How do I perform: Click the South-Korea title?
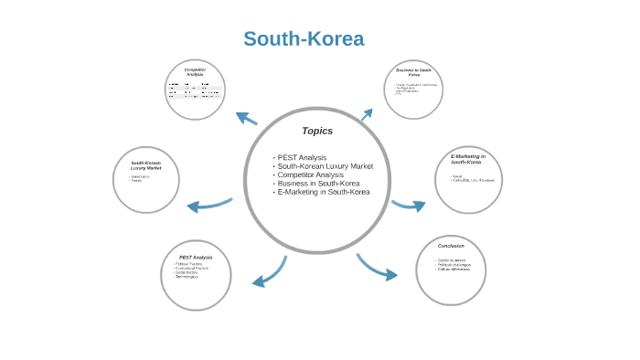304,39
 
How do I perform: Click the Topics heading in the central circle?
317,131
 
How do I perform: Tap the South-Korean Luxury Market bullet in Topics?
325,166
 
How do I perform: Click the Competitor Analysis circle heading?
195,71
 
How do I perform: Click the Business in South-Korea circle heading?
414,71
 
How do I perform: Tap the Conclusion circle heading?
451,246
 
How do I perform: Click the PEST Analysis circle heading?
195,258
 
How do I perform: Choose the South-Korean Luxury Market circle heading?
145,165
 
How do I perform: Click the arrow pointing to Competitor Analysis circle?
246,118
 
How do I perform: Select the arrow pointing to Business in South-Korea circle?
366,115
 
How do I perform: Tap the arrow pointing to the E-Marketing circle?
409,205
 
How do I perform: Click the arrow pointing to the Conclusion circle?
377,268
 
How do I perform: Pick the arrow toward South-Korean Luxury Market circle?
209,205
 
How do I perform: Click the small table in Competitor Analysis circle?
195,90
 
